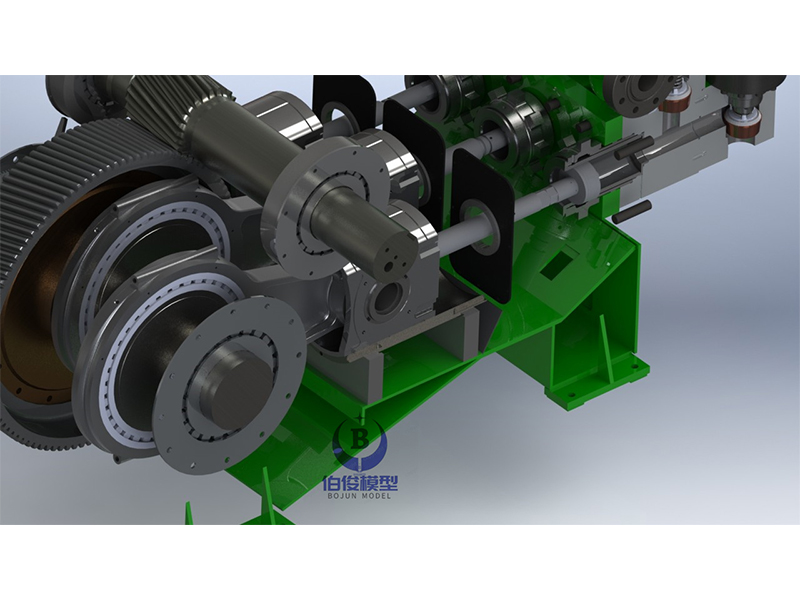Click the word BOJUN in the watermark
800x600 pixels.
point(341,495)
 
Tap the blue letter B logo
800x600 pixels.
point(360,439)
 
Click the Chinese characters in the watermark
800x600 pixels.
point(360,483)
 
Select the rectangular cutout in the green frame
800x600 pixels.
point(556,266)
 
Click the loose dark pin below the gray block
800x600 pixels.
point(632,210)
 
